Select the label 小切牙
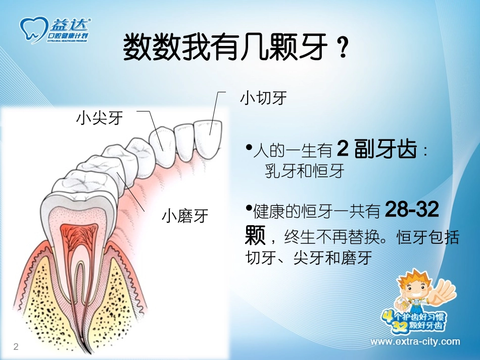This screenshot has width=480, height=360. pos(263,97)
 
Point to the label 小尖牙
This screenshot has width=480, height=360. pos(100,118)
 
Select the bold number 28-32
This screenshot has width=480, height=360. pos(412,211)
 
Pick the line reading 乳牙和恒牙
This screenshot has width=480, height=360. pos(304,171)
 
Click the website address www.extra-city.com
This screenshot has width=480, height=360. pos(415,342)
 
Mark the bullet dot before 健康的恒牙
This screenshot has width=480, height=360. pos(248,208)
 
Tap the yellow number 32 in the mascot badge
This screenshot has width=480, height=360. pos(402,327)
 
